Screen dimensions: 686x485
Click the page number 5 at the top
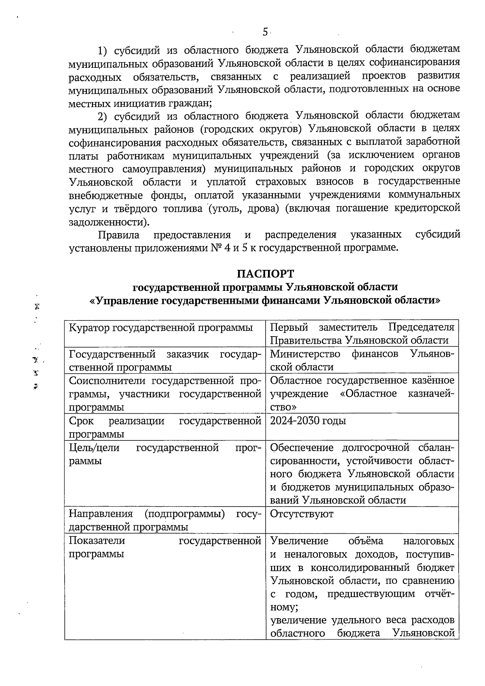click(x=265, y=32)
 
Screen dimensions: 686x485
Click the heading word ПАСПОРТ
click(x=265, y=274)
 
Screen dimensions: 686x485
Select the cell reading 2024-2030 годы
click(x=308, y=421)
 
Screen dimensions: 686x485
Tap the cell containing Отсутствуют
click(x=302, y=514)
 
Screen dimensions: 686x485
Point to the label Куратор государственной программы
click(x=161, y=327)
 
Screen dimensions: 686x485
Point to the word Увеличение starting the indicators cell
click(x=299, y=541)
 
